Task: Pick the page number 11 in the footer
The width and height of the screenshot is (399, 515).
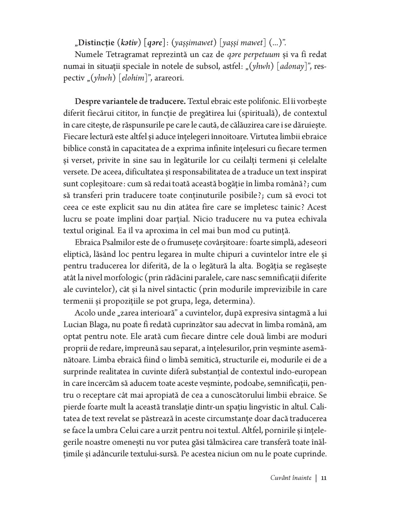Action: coord(324,478)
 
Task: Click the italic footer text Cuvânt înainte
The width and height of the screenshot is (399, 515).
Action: coord(291,478)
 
